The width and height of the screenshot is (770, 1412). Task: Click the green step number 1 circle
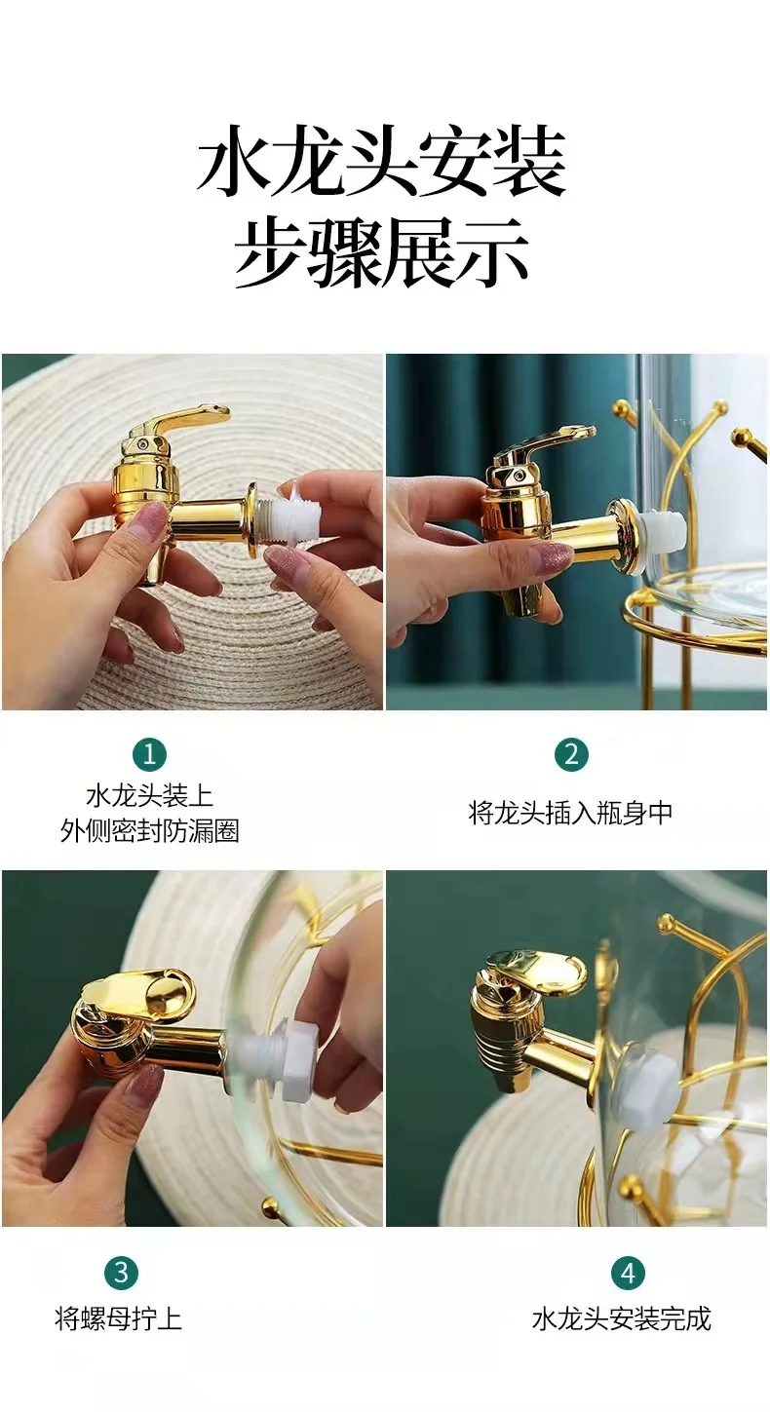tap(149, 754)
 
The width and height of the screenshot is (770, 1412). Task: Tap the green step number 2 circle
tap(571, 754)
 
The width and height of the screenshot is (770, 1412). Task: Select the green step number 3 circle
tap(121, 1272)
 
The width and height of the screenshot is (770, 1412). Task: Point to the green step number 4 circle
tap(628, 1272)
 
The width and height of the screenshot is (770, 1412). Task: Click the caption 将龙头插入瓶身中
tap(571, 813)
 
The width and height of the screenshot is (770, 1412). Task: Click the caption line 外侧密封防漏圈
tap(149, 831)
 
